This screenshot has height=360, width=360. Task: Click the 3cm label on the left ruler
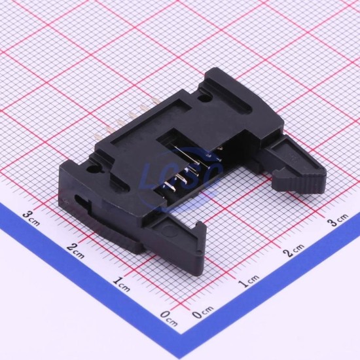click(31, 219)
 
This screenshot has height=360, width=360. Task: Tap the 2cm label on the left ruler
click(75, 251)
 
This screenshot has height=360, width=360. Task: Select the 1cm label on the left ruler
click(122, 285)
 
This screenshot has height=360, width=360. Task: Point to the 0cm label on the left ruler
click(169, 318)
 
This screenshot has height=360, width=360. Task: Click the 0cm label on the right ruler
click(203, 312)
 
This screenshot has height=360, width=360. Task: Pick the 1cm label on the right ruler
click(249, 281)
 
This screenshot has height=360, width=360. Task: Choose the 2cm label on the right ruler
click(294, 250)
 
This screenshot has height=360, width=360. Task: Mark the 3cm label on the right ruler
click(338, 220)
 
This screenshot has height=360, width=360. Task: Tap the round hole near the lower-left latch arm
click(94, 170)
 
